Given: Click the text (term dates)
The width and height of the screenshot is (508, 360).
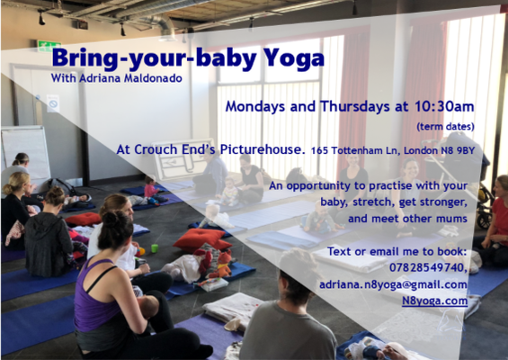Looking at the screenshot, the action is pos(445,126).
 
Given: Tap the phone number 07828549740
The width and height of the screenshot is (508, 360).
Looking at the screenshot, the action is pos(428,267).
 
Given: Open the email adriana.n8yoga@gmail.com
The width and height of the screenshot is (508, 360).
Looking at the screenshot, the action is pos(393,284).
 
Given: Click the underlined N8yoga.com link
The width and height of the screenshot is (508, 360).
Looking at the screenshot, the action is pos(435,301).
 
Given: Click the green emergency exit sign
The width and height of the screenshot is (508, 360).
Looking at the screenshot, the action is pos(49,46).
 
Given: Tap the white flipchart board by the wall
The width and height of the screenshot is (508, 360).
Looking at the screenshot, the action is pos(26,152).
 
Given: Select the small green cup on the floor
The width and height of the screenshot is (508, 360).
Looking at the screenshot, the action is pos(155,248).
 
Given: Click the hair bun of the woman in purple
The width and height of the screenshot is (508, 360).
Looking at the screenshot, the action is pos(111,219).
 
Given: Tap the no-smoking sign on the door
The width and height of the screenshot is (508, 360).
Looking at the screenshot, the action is pos(53,103).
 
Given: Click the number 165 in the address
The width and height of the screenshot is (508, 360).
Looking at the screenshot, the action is pos(319,151).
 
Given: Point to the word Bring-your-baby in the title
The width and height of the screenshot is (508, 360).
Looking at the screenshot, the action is pos(155,58).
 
